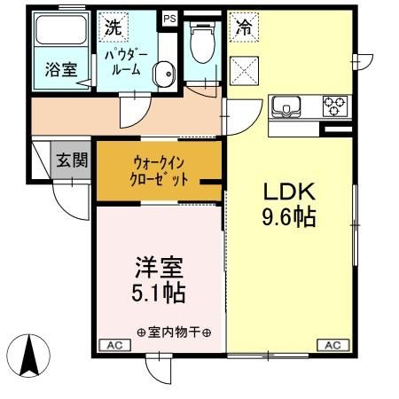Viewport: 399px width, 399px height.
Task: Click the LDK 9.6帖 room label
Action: pos(289,203)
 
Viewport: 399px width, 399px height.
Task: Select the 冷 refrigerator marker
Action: pos(242,28)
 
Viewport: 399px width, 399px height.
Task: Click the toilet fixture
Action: pos(201,44)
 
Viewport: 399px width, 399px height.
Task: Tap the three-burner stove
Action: pos(334,106)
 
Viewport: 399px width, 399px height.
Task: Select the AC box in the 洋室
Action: pos(113,344)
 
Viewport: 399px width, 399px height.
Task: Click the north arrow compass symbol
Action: pos(29,356)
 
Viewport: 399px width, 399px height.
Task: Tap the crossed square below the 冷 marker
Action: pos(243,68)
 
